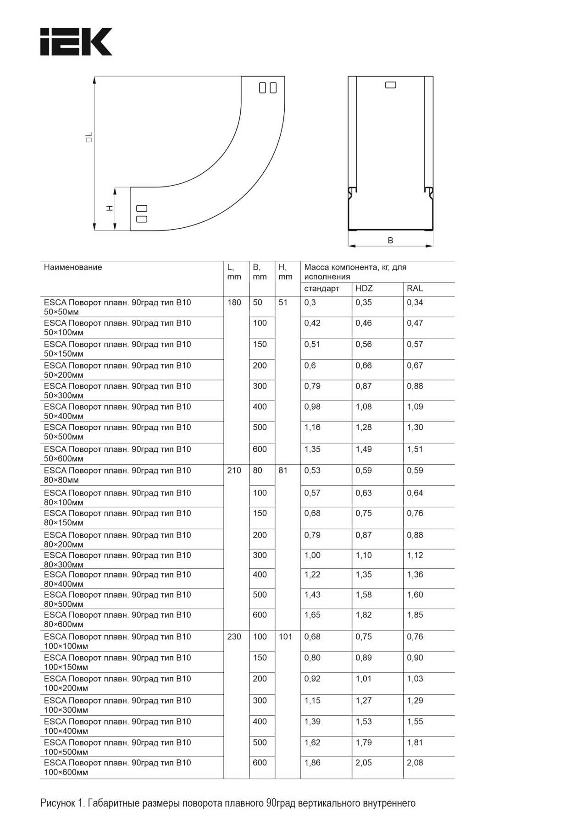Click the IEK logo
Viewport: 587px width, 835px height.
pos(76,42)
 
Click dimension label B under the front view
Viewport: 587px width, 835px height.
pos(390,240)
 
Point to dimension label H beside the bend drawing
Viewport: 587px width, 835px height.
pos(110,208)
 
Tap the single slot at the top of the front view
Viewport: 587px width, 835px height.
pos(391,85)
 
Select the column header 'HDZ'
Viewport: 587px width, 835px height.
pos(364,288)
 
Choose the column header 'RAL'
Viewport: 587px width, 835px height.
pos(415,288)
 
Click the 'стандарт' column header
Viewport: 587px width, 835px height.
pos(321,288)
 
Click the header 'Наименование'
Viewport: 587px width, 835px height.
pos(73,267)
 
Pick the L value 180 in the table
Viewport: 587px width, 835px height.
pos(234,302)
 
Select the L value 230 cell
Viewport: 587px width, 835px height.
pos(234,637)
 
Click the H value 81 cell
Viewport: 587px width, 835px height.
pos(283,470)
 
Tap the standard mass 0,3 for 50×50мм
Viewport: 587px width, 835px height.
pos(310,302)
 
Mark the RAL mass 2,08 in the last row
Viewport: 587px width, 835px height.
pos(415,763)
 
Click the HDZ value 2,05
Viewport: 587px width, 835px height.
pos(364,763)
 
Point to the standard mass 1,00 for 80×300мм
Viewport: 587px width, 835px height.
pos(312,555)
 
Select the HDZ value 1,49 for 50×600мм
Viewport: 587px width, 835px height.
pos(364,449)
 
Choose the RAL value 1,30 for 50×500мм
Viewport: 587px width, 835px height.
pos(415,427)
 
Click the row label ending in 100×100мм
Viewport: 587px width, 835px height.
pos(117,641)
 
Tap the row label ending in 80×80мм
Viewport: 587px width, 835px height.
pos(117,475)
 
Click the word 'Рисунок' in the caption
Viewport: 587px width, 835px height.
pos(57,803)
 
